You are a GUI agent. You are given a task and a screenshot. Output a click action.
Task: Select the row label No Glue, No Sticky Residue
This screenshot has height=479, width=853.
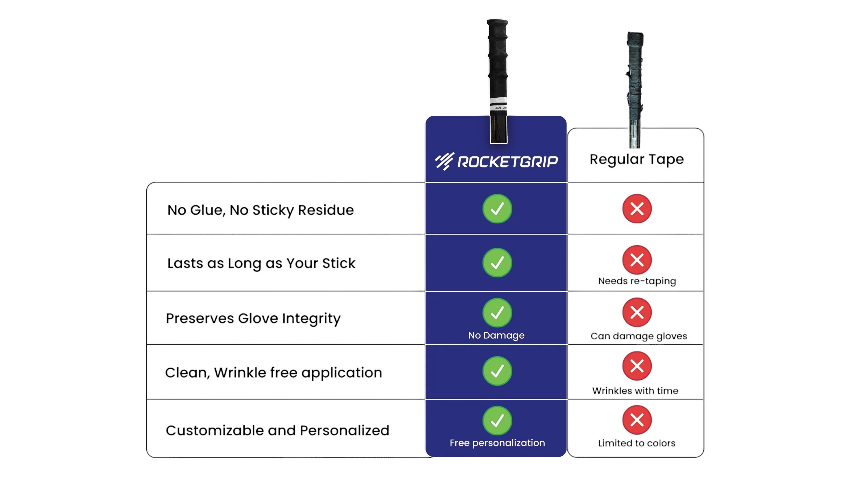pos(260,210)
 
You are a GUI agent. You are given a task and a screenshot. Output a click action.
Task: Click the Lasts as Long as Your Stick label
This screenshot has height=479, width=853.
pos(261,263)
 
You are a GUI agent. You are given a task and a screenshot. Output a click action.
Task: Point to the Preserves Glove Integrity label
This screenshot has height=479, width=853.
pos(253,318)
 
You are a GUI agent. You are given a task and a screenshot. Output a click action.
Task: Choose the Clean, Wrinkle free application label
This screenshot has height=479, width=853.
pos(273,373)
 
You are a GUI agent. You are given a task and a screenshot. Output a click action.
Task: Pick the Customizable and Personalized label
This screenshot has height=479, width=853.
pos(277,430)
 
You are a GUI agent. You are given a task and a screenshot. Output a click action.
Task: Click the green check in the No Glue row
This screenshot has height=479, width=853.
pos(497,209)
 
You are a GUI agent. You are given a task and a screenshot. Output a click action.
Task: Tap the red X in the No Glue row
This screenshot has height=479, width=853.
pos(637,209)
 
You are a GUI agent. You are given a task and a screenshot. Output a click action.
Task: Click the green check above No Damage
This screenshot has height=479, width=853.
pos(497,313)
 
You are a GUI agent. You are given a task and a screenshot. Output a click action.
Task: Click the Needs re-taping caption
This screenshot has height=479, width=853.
pos(637,281)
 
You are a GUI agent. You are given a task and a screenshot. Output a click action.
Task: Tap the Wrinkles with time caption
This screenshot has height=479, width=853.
pos(635,391)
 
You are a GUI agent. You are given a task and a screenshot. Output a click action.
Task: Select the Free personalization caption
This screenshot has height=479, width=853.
pos(497,443)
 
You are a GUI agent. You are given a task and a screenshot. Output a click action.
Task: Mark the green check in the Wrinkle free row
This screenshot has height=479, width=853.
pos(497,371)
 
